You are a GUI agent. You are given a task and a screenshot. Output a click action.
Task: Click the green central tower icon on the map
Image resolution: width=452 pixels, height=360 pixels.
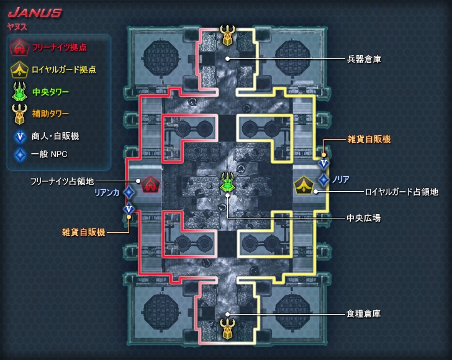point(228,182)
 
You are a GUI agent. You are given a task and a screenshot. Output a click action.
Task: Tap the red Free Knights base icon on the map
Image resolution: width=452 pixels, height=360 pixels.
point(150,184)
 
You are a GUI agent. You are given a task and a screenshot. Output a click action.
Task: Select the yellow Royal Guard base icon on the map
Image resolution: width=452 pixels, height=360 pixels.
point(304,184)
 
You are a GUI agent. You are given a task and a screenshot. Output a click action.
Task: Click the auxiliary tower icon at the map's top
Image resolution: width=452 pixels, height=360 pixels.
point(228,35)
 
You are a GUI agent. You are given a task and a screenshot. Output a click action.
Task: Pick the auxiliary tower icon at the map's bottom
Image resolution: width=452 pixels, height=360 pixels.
point(228,327)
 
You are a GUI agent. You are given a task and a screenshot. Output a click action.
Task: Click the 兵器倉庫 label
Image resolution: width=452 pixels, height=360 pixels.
point(363,60)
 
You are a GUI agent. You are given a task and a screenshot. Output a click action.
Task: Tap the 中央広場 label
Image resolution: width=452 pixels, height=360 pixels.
point(363,218)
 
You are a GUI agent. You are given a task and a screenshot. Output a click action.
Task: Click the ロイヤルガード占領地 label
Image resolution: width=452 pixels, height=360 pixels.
point(402,192)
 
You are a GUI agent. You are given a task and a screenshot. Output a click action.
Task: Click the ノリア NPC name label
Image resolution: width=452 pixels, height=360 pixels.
point(341,179)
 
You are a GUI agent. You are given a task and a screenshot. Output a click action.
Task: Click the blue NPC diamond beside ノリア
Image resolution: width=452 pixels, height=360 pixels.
point(323,179)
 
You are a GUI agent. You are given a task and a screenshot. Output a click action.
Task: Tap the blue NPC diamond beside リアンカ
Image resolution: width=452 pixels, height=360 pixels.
point(129,193)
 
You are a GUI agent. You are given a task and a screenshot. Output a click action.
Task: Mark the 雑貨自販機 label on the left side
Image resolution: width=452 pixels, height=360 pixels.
point(83,232)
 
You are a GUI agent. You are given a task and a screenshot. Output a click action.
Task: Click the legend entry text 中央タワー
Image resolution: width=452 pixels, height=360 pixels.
point(50,92)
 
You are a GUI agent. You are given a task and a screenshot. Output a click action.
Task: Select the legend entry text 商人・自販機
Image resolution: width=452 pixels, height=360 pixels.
point(55,135)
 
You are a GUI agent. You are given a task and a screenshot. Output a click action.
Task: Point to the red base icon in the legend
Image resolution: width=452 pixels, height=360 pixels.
point(19,47)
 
